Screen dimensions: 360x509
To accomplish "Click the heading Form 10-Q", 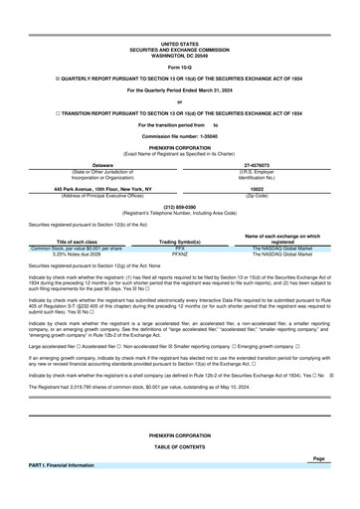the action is point(179,66).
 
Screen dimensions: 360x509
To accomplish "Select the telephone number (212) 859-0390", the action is point(179,207).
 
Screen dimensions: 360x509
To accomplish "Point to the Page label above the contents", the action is point(318,458).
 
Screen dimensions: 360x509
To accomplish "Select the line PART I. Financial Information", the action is point(62,465).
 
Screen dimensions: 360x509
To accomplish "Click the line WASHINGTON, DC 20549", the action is point(179,55).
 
